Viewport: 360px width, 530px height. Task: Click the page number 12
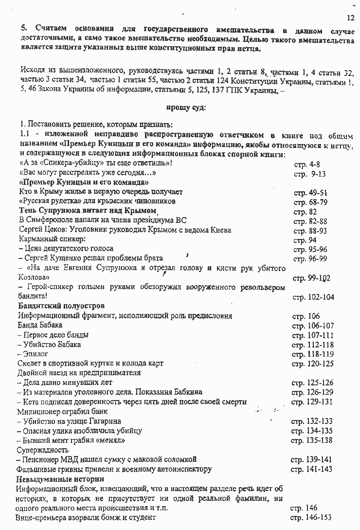351,18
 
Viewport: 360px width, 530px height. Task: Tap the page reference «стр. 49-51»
310,192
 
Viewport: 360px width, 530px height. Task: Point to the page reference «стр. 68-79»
310,201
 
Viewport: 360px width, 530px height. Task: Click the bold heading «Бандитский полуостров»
61,306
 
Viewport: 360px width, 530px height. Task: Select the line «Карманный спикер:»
52,239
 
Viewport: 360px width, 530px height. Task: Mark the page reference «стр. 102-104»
313,297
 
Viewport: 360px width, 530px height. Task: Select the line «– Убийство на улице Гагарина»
69,421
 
